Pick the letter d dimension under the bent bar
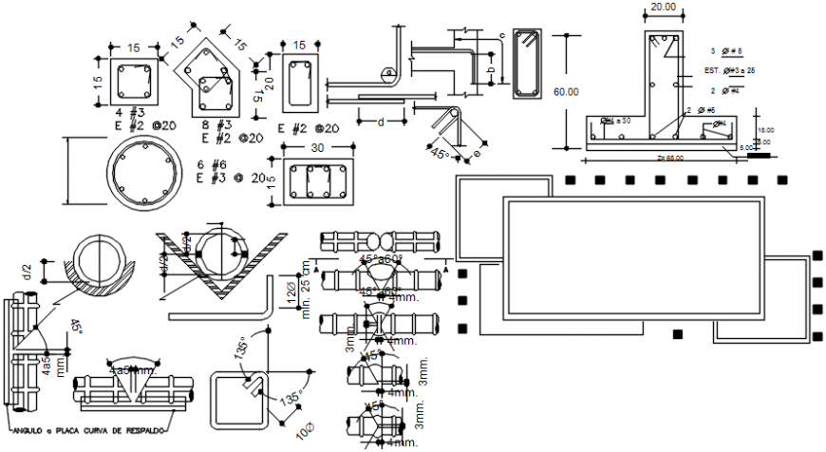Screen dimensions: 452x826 tap(381, 122)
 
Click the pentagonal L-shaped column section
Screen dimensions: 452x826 tap(213, 77)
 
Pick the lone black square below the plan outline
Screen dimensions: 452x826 tap(678, 334)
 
